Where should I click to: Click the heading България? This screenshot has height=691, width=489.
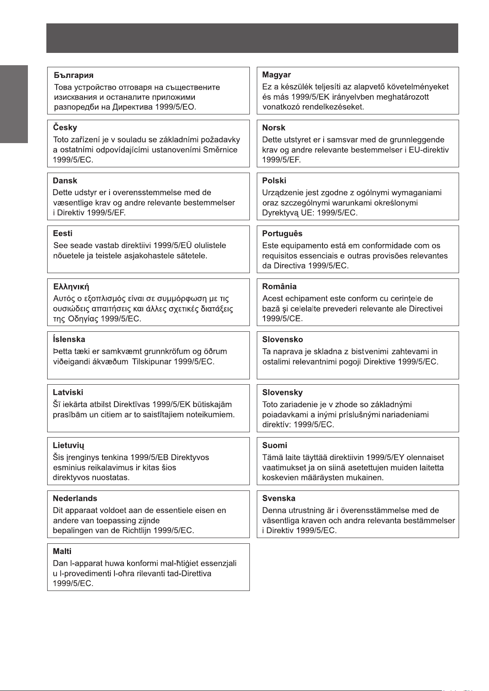74,75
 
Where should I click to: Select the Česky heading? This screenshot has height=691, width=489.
65,128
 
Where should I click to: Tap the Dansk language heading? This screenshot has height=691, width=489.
65,180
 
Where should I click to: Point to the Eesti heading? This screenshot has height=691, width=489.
62,233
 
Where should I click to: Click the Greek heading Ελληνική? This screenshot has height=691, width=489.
71,287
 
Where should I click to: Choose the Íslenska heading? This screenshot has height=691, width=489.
69,339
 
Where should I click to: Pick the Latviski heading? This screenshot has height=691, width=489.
68,392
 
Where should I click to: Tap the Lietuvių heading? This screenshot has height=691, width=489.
69,445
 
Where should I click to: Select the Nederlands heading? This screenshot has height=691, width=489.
75,498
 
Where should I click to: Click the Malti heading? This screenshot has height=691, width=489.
62,551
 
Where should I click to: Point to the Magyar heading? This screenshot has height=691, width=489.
276,75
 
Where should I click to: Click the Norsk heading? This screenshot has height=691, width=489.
274,128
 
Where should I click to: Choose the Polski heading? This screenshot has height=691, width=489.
274,180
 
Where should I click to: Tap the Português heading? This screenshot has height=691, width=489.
282,233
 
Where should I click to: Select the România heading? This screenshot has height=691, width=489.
279,286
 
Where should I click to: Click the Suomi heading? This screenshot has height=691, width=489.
274,445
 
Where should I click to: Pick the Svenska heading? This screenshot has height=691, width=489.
279,498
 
